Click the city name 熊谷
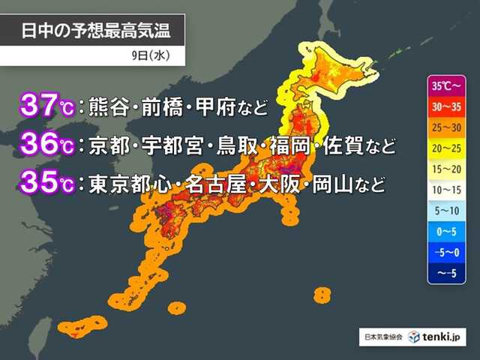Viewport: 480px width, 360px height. tap(109, 105)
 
